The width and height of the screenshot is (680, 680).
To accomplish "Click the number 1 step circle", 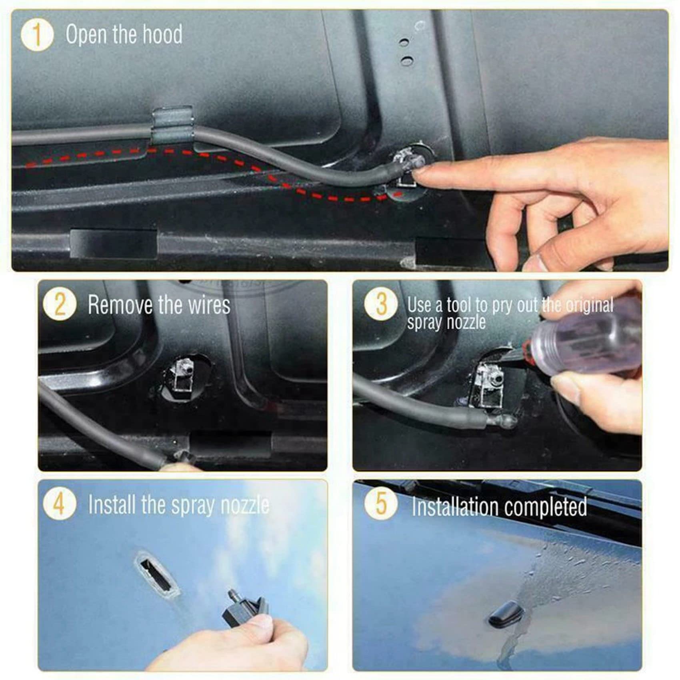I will click(37, 35).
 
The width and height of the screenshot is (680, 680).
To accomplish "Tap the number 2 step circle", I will click(59, 305).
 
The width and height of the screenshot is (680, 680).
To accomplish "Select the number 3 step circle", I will click(380, 305).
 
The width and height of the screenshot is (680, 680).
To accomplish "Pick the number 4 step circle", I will click(59, 504).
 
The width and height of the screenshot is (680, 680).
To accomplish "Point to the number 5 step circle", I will click(380, 504).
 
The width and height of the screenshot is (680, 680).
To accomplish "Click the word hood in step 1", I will click(163, 34).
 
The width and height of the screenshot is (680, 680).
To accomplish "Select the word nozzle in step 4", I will click(245, 505).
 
